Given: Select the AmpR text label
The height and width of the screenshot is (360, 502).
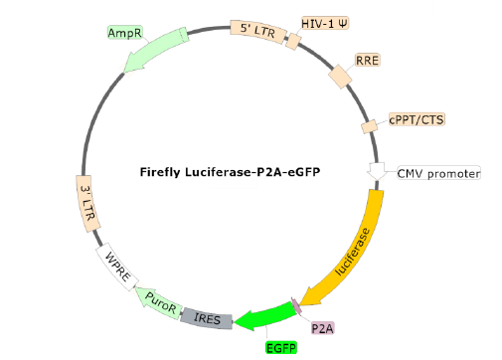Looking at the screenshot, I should click(124, 33).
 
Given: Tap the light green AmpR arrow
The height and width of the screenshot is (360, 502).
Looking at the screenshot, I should click(154, 52).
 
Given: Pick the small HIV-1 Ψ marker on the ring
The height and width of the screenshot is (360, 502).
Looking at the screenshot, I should click(293, 41).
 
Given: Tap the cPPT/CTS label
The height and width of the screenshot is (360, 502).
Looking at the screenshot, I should click(417, 119).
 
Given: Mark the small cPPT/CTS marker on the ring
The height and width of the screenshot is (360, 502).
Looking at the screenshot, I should click(369, 127).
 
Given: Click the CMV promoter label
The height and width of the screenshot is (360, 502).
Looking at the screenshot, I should click(438, 173).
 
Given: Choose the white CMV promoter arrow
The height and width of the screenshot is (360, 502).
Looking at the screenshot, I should click(378, 171).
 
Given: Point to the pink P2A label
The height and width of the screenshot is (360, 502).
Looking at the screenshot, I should click(323, 327).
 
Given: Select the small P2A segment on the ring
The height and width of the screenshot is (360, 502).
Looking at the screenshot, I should click(296, 307).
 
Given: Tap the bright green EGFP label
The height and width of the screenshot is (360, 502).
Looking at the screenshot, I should click(280, 347).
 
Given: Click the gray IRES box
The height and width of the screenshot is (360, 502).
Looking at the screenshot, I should click(208, 318).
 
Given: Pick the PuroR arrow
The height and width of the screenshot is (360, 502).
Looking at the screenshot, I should click(158, 299).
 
